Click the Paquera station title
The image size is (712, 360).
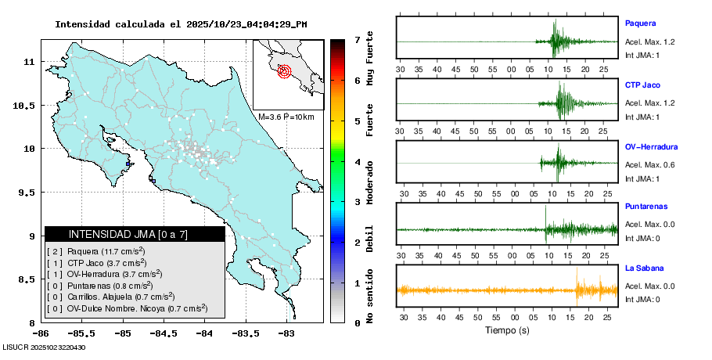(640, 23)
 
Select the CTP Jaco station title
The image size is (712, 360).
(643, 85)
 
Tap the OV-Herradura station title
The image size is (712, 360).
(651, 146)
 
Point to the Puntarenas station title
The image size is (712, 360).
(646, 207)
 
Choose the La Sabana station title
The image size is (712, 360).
(643, 268)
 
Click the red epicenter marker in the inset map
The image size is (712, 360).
(284, 71)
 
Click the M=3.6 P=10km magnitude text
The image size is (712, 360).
(286, 117)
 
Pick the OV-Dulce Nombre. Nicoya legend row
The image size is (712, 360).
(127, 308)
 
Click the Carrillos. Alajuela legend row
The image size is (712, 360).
(110, 297)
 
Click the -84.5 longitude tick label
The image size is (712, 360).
(162, 333)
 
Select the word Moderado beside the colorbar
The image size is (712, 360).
(370, 182)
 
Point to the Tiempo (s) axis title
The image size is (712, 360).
(507, 330)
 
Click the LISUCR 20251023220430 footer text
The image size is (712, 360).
(44, 347)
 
